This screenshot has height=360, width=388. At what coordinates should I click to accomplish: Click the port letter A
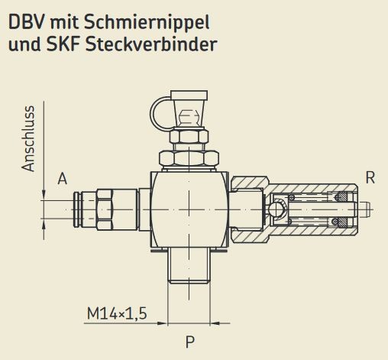[62, 179]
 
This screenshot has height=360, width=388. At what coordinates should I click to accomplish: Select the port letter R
[370, 178]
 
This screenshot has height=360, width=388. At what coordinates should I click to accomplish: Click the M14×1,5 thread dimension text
[117, 313]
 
